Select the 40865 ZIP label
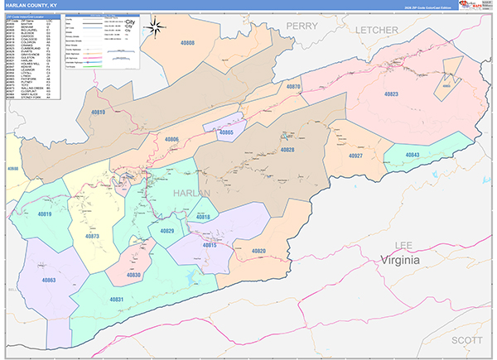(226, 132)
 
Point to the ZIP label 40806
(172, 139)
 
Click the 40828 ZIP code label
(286, 150)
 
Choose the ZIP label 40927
(355, 156)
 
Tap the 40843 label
(412, 156)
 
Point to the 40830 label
(133, 275)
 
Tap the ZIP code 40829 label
(167, 231)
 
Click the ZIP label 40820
(258, 251)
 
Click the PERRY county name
(302, 26)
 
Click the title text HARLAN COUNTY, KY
(34, 5)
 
